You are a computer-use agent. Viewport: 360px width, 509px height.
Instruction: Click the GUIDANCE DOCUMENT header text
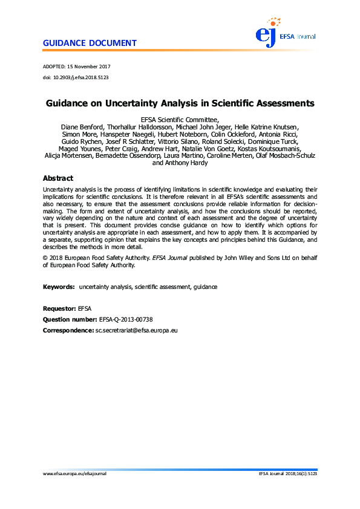90,44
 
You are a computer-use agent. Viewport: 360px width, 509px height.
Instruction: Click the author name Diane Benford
81,127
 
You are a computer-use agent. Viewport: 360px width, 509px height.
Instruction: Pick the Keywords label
59,286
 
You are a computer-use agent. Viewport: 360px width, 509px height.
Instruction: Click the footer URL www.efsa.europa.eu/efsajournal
79,474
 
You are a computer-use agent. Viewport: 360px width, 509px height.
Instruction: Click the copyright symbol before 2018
45,258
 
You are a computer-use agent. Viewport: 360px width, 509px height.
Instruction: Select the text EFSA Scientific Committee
180,120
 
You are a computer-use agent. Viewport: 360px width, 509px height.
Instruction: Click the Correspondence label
68,331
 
